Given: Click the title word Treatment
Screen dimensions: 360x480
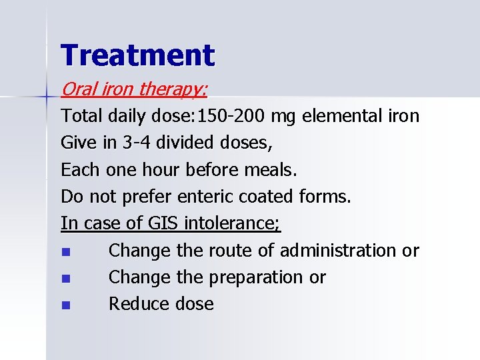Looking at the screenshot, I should point(137,55).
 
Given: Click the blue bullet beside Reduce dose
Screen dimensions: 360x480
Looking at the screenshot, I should point(65,306).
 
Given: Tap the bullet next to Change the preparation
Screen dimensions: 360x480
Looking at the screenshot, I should point(65,279).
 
